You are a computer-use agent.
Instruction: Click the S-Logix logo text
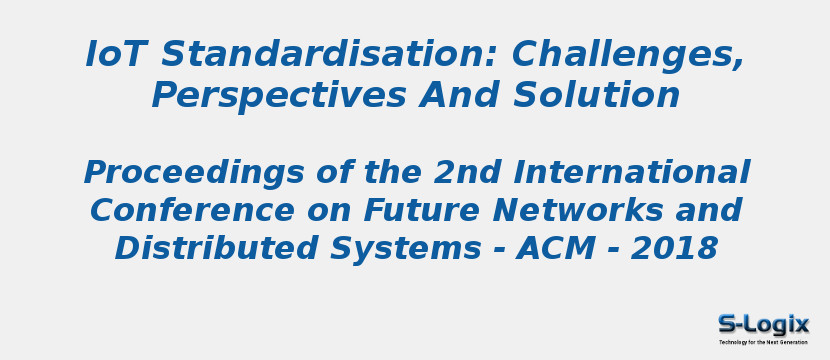point(764,324)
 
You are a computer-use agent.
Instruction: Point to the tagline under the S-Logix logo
point(763,342)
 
